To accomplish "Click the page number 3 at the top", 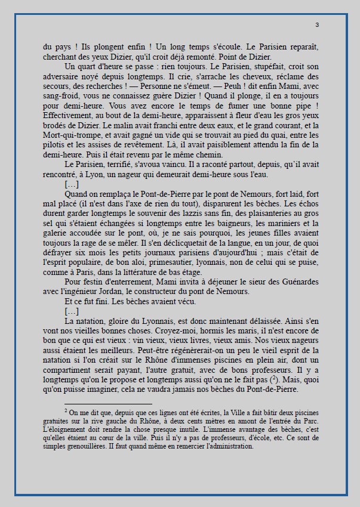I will (316, 24).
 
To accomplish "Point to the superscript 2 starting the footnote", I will (66, 410).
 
